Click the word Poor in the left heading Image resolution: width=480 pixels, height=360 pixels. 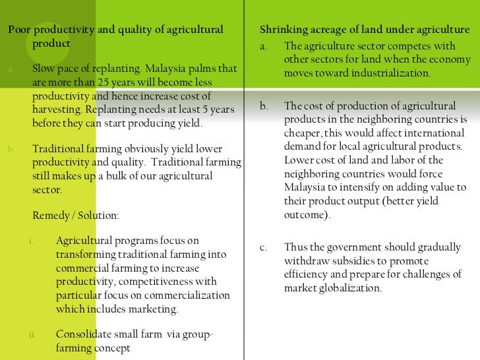pos(17,30)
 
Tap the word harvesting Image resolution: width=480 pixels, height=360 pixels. pos(57,109)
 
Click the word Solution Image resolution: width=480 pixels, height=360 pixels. pos(100,216)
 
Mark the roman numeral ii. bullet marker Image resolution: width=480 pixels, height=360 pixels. pos(32,335)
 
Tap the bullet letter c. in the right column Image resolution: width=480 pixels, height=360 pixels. pos(264,248)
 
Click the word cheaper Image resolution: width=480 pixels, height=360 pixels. pos(303,133)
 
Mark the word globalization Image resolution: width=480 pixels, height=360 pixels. pos(349,288)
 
